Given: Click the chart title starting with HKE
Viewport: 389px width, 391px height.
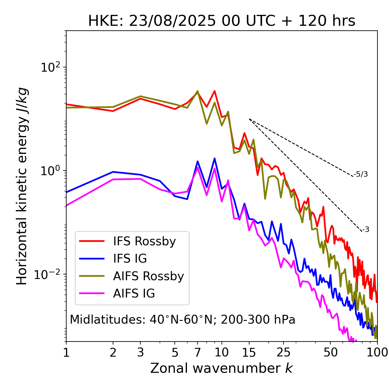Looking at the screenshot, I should coord(222,21).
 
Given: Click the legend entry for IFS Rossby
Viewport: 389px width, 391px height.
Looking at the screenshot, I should coord(144,241).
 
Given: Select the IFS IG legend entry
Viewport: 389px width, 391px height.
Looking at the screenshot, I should coord(130,259).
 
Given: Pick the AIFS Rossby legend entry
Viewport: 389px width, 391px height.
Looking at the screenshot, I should coord(148,276).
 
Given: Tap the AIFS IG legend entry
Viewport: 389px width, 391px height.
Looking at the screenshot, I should coord(134,294).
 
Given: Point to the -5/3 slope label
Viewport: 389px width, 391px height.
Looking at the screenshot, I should coord(361,174).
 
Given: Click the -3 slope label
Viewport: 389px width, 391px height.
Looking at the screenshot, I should coord(366,230).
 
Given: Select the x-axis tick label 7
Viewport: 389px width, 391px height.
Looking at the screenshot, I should coord(198,352).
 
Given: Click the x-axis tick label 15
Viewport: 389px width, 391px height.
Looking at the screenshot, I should coord(249,352).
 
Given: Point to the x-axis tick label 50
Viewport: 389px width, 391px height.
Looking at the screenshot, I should coord(330,352).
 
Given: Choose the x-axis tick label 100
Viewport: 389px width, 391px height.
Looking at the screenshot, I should coord(377,352).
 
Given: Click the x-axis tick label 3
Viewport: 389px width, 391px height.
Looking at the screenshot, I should coord(140,352).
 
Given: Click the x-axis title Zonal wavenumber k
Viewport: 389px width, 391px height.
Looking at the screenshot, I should coord(222,368).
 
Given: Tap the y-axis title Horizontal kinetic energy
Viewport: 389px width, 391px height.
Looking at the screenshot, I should coord(22,186).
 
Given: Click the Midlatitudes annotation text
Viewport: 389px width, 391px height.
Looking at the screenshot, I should coord(182,320).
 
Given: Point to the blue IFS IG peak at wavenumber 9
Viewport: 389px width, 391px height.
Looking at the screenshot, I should coord(215,158).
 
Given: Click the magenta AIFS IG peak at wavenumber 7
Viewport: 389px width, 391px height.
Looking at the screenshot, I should coord(198,167).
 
